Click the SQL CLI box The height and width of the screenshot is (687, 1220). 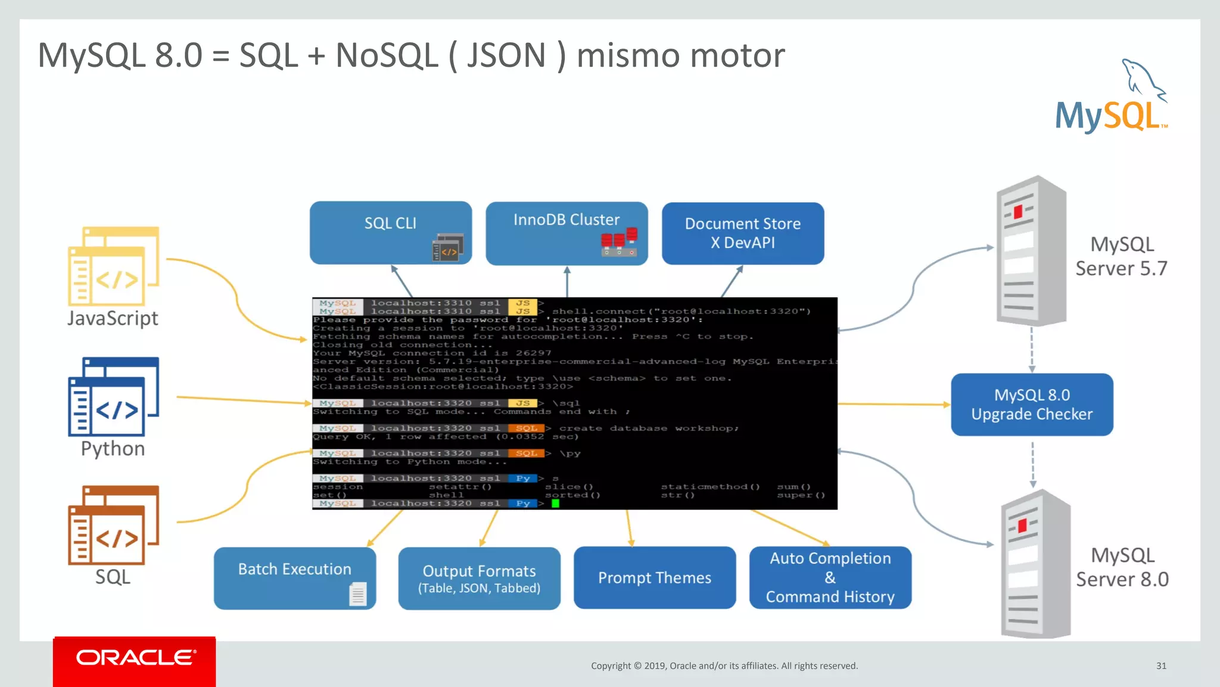point(390,232)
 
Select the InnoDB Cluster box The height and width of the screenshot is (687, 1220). point(567,232)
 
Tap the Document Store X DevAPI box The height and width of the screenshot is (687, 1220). point(743,233)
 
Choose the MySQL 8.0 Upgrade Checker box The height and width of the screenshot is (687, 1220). point(1032,405)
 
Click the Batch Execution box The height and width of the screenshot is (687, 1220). point(294,577)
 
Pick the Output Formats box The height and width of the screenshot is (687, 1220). point(479,578)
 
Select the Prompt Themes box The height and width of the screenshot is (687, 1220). point(654,577)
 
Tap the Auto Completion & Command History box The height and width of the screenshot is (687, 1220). point(830,577)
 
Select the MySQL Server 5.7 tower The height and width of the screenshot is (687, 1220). point(1031,250)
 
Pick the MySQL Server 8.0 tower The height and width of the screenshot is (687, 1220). point(1035,563)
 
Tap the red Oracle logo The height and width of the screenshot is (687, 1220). point(135,659)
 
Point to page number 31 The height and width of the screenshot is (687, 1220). point(1161,666)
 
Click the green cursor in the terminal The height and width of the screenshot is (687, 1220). point(555,503)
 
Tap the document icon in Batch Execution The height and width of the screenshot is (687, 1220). point(358,593)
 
